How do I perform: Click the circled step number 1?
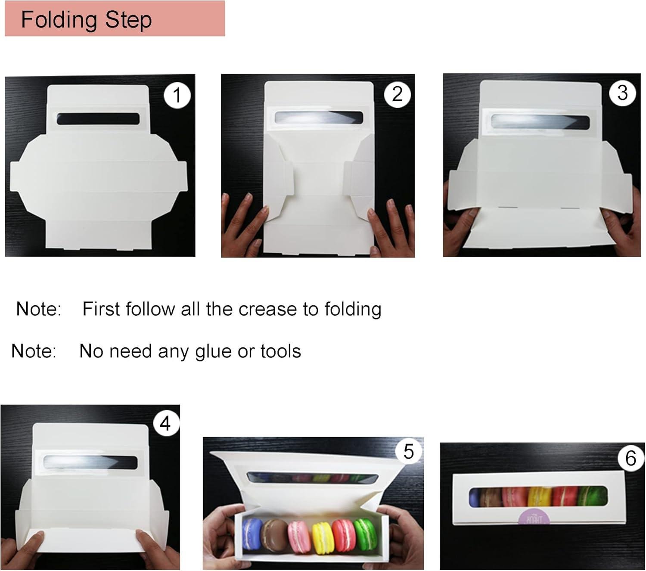coord(177,95)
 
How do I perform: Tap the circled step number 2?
coord(397,93)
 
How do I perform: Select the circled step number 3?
coord(622,93)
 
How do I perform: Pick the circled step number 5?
coord(408,451)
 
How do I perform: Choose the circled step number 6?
coord(630,458)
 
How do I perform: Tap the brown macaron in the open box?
coord(274,534)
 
